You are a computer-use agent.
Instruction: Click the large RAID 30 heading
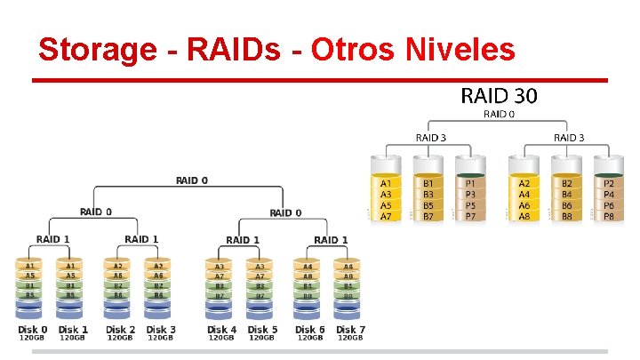[x=498, y=94]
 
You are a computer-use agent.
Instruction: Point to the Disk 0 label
[x=33, y=329]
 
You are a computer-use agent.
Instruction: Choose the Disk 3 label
[x=161, y=329]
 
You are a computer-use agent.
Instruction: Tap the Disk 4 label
[x=222, y=329]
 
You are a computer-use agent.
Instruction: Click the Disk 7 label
[x=350, y=329]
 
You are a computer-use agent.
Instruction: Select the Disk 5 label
[x=262, y=329]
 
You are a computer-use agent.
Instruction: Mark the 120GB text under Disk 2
[x=119, y=338]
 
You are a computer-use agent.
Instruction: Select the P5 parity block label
[x=471, y=206]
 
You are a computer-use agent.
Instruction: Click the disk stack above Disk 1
[x=71, y=287]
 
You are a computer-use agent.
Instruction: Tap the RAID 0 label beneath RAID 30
[x=498, y=114]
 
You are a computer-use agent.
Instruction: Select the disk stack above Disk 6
[x=308, y=287]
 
